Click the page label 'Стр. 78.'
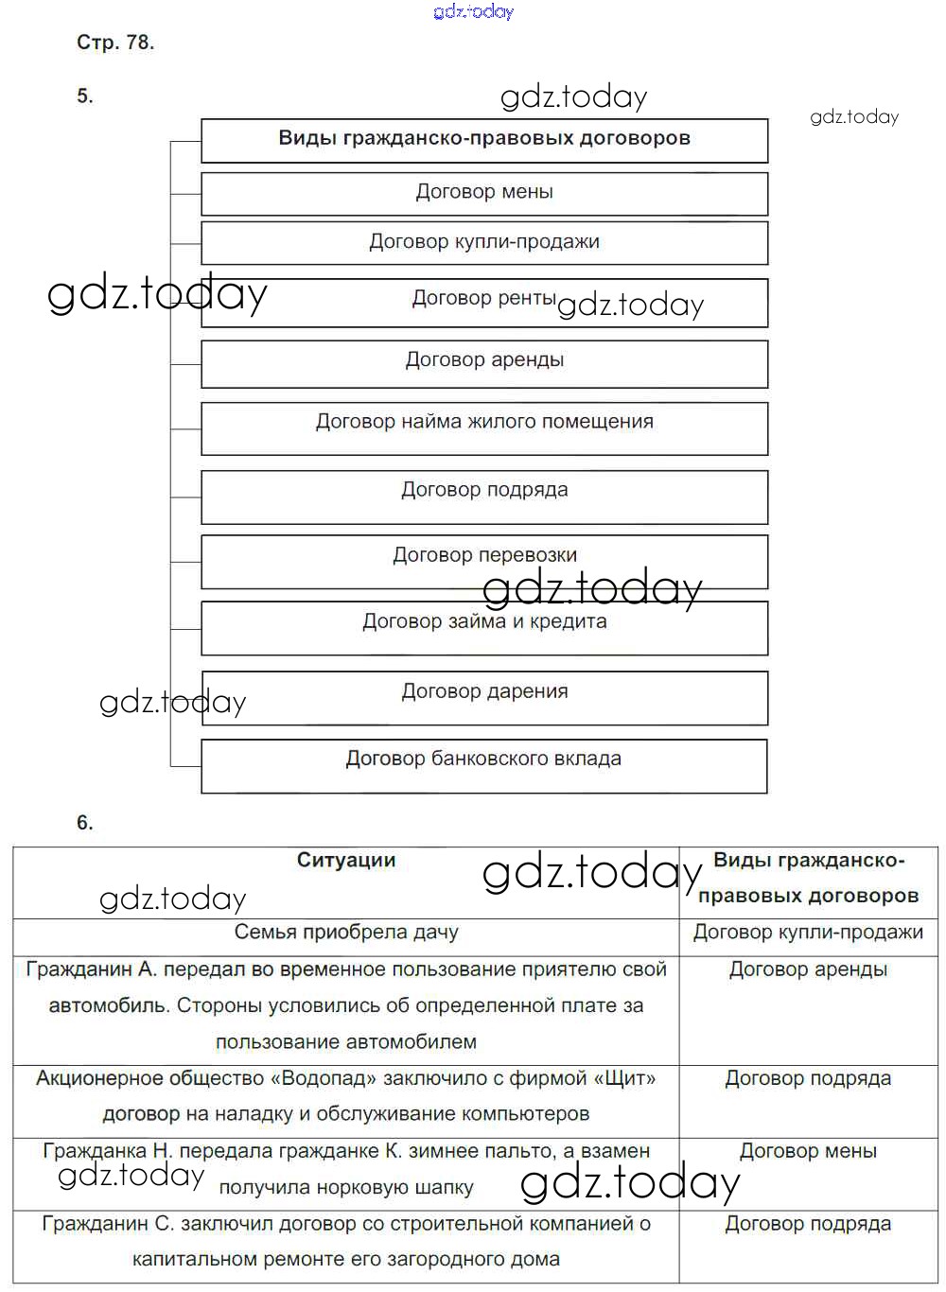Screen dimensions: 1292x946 [114, 43]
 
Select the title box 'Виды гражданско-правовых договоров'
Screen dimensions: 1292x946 [483, 139]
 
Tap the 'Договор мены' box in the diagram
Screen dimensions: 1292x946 [483, 193]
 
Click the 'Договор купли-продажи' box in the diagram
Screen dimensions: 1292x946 [483, 243]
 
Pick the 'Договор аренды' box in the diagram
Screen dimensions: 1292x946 [483, 361]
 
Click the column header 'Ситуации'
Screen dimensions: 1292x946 [345, 861]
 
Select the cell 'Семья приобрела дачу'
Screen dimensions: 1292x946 [345, 933]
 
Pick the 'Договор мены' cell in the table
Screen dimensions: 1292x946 [808, 1151]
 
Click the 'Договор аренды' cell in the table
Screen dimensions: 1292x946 [808, 969]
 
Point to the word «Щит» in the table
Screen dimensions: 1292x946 [623, 1078]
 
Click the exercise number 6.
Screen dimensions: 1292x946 [85, 823]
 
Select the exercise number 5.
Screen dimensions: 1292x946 [85, 96]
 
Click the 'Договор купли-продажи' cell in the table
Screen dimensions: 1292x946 [808, 933]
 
